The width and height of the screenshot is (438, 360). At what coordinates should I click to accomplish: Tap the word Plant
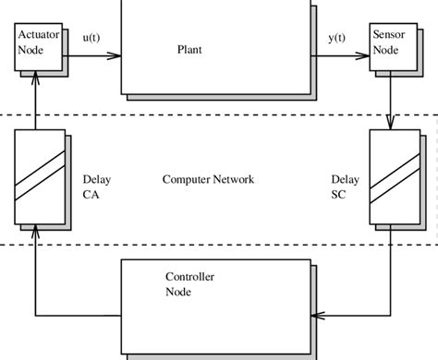pyautogui.click(x=189, y=50)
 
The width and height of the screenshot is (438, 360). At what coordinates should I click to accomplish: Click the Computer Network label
pyautogui.click(x=208, y=179)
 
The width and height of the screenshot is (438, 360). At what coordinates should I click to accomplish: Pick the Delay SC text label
pyautogui.click(x=343, y=186)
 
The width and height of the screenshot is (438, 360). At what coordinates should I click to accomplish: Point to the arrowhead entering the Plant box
pyautogui.click(x=115, y=55)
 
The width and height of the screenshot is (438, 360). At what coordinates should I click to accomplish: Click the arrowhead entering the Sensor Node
pyautogui.click(x=362, y=55)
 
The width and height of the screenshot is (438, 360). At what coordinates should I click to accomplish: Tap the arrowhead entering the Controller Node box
pyautogui.click(x=316, y=316)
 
